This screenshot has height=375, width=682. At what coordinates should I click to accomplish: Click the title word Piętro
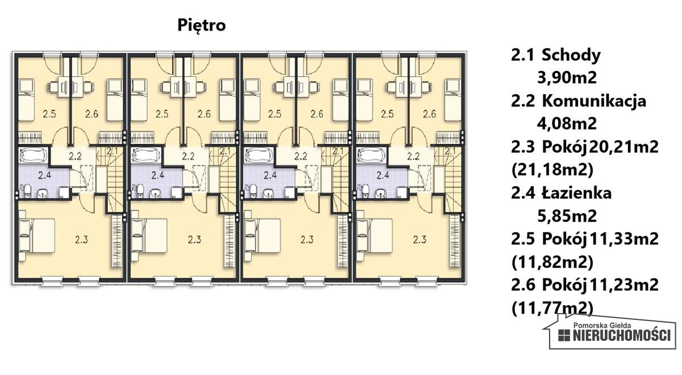(201, 25)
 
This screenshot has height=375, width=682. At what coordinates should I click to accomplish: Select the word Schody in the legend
(571, 56)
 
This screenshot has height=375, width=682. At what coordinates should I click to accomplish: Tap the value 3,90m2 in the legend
(567, 78)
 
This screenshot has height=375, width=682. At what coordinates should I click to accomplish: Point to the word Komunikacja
(594, 101)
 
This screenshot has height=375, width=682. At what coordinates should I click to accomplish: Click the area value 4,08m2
(567, 124)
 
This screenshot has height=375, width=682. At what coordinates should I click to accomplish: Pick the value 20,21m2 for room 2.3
(624, 147)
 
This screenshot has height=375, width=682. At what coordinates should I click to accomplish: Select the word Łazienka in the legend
(576, 193)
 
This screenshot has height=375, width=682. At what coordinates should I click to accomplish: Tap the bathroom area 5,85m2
(567, 216)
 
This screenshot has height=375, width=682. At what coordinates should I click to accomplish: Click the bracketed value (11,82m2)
(552, 262)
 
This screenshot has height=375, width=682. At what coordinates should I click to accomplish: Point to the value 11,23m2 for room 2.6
(624, 285)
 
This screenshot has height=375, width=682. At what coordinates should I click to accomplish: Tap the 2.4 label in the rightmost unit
(382, 176)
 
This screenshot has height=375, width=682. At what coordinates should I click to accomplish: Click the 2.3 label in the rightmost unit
(419, 240)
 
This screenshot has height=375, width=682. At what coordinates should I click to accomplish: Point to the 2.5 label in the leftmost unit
(49, 114)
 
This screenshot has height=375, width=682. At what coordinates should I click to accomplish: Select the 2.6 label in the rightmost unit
(429, 114)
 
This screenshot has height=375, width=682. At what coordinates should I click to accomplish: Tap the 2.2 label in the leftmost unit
(75, 156)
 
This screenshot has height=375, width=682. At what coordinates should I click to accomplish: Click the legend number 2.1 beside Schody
(522, 56)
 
